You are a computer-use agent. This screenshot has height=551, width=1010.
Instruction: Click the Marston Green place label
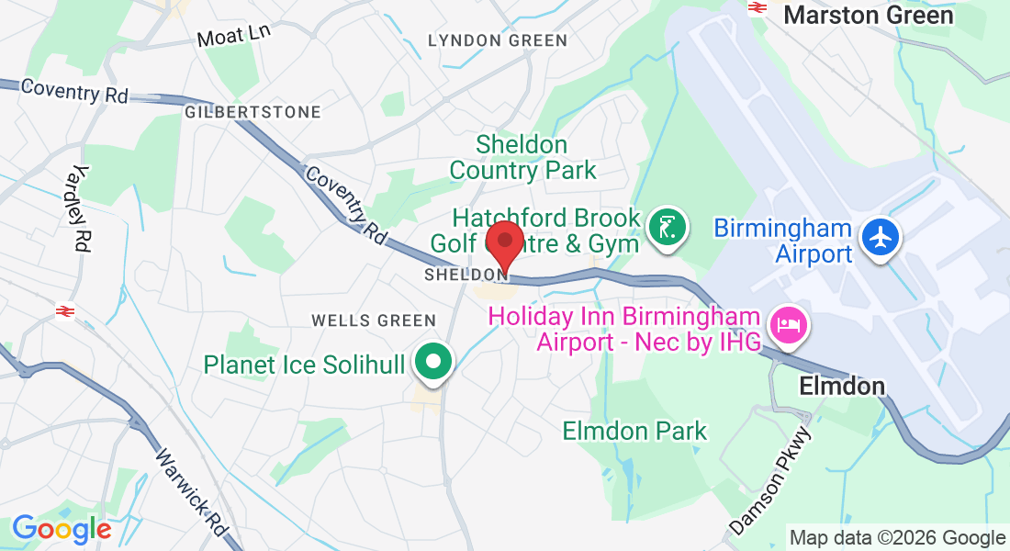pos(869,15)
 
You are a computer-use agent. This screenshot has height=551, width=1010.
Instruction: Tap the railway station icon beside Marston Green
pos(757,7)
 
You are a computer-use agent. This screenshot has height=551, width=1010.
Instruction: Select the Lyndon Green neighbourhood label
pos(498,40)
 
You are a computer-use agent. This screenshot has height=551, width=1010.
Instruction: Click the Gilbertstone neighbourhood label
pos(252,112)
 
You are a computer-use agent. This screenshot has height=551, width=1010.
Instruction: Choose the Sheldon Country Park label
pos(522,157)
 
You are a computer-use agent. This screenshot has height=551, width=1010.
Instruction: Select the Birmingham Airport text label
pos(782,241)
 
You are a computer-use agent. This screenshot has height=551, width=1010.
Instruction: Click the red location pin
pos(504,244)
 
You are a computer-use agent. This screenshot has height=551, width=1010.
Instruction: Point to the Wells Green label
pos(373,320)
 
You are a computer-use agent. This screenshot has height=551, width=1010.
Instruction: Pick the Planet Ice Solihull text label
pos(304,365)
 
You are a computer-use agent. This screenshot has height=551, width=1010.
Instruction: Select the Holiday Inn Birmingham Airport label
pos(624,329)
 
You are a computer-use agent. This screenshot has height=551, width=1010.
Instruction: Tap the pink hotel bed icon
pos(788,323)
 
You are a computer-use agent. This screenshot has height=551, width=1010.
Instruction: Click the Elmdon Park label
pos(634,431)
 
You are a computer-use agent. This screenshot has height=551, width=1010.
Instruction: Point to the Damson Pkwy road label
pos(771,479)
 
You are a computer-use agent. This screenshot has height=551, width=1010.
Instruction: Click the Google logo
pos(62,528)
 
